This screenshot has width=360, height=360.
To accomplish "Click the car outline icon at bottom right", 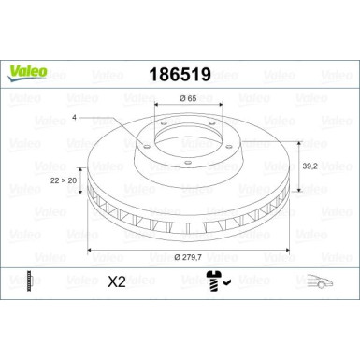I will coord(320,280).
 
